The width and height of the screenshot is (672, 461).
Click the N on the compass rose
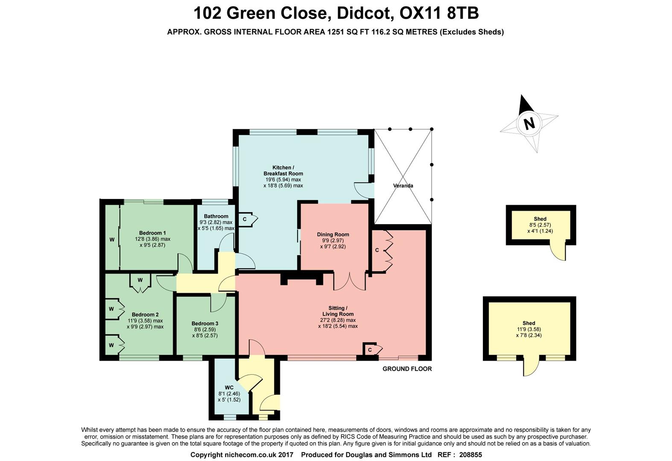[x=529, y=123]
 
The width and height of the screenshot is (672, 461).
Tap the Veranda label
[x=403, y=186]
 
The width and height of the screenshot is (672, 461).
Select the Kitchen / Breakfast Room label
[x=283, y=170]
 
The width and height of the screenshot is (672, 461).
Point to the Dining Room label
[x=333, y=234]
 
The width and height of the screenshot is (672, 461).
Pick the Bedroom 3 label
[x=205, y=324]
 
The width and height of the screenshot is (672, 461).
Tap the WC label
[x=229, y=388]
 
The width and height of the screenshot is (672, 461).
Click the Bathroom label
[x=216, y=216]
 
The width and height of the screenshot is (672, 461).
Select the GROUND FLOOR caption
[x=407, y=369]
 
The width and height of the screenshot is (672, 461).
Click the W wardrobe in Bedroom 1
[x=112, y=239]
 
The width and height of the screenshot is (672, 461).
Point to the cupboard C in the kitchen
[x=245, y=219]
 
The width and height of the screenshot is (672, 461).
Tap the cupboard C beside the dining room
[x=377, y=251]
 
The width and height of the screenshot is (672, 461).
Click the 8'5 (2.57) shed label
[x=540, y=225]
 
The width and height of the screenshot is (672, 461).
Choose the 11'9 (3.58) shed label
[x=529, y=329]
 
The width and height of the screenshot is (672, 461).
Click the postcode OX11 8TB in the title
[x=439, y=13]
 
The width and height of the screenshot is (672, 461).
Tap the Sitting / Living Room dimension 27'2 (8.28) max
[x=338, y=320]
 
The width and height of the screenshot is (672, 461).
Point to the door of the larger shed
[x=529, y=367]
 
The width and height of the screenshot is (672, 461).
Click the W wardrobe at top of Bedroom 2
[x=140, y=280]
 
